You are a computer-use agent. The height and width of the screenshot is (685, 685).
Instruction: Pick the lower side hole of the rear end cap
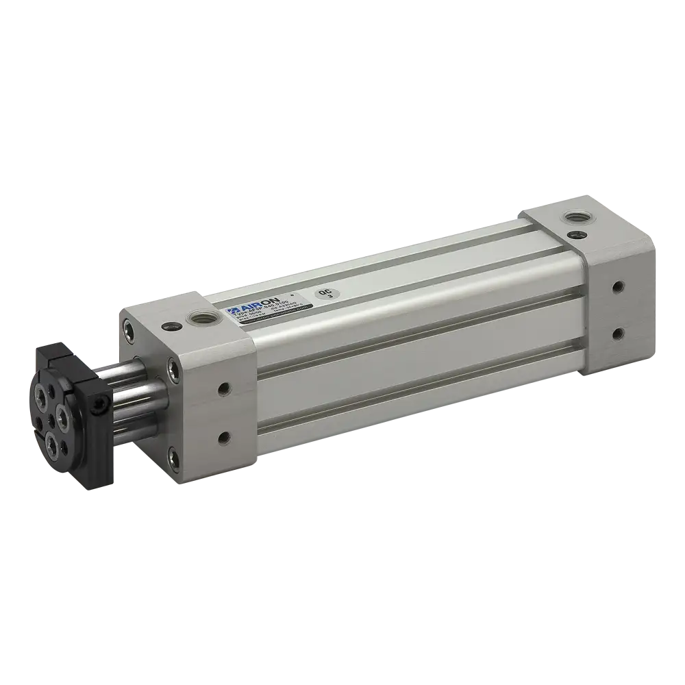coord(619,333)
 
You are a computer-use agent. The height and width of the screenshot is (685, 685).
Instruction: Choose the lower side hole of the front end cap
coord(223,436)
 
